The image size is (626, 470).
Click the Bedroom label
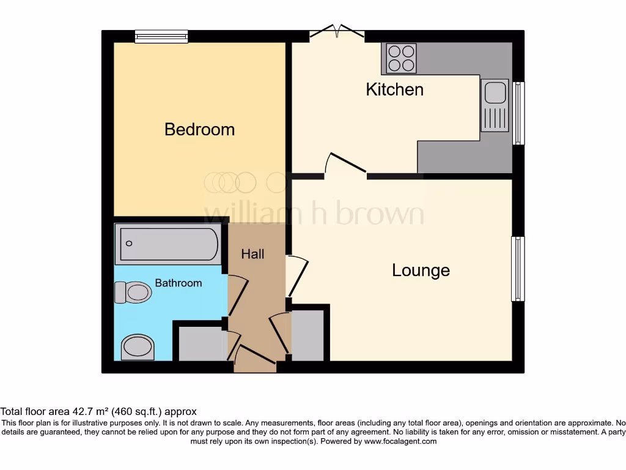[x=199, y=130]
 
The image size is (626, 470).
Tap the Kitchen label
[x=394, y=89]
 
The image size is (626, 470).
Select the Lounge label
[x=421, y=270]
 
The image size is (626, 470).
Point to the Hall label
[x=252, y=254]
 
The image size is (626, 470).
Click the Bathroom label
[x=178, y=283]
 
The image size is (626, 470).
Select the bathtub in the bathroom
[x=168, y=244]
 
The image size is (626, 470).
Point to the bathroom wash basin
[x=138, y=348]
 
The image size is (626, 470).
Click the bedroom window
[x=161, y=37]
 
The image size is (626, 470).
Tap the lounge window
[x=518, y=269]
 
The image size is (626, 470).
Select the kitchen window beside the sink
[x=518, y=113]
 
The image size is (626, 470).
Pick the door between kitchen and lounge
[x=345, y=163]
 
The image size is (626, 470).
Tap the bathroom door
[x=237, y=295]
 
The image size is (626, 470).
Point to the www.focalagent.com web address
[x=400, y=441]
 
